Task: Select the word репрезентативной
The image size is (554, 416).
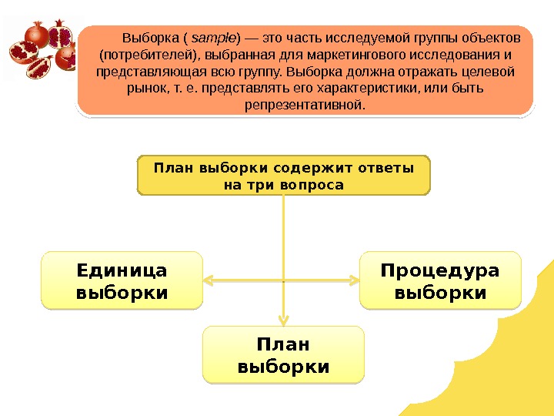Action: pyautogui.click(x=305, y=104)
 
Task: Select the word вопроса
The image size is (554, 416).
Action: pyautogui.click(x=314, y=186)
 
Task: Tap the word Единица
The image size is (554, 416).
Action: pyautogui.click(x=123, y=271)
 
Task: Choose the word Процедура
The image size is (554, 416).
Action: pyautogui.click(x=440, y=271)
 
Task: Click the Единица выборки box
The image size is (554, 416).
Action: pyautogui.click(x=123, y=280)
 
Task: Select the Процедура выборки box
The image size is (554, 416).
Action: pyautogui.click(x=440, y=280)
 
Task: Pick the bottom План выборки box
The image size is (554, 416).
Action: pyautogui.click(x=283, y=354)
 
